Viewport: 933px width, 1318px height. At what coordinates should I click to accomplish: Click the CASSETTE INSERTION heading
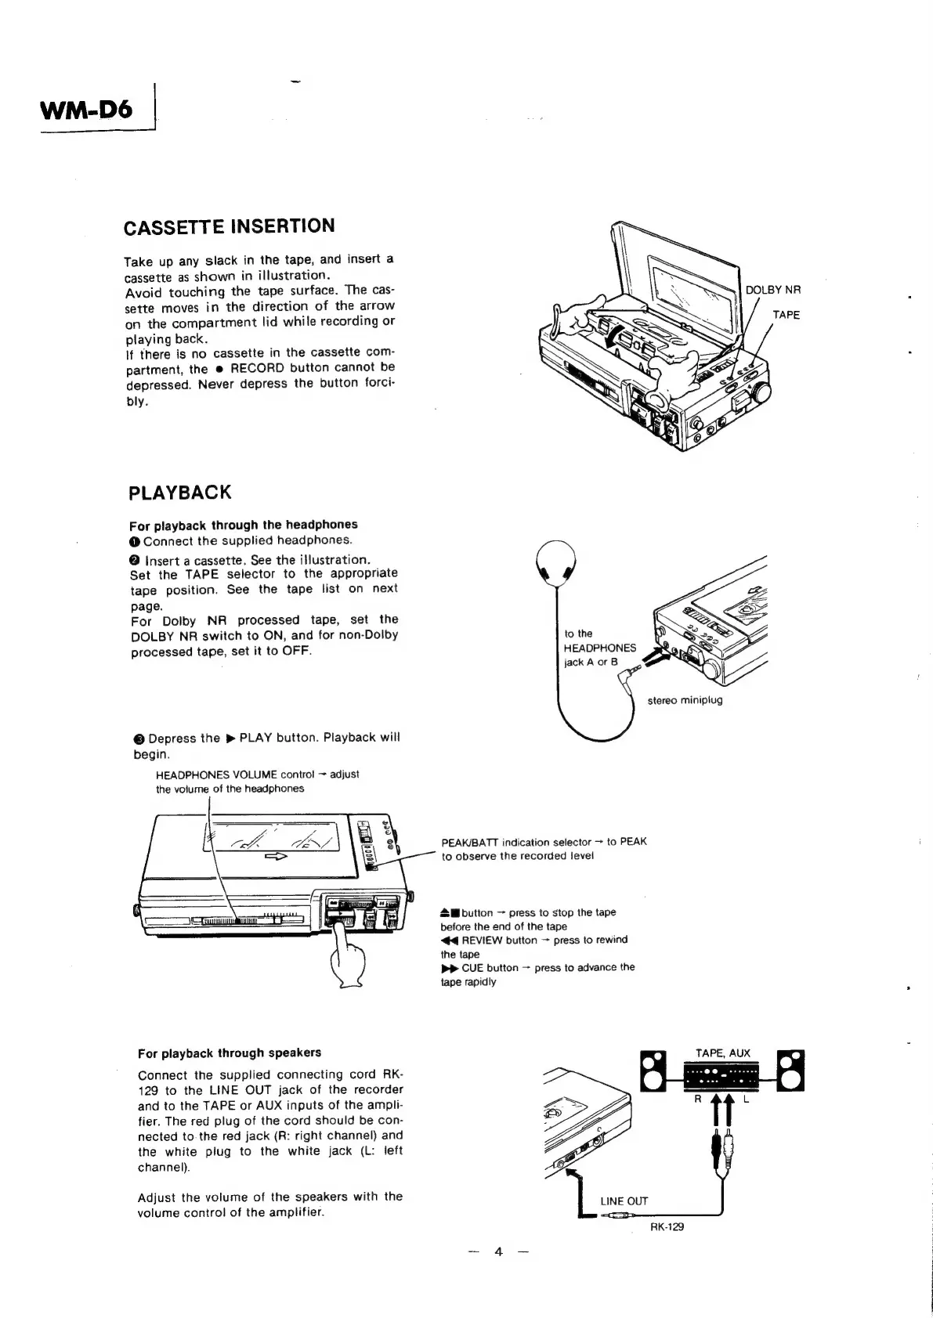[229, 226]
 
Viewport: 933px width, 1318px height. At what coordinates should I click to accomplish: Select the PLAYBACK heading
[180, 493]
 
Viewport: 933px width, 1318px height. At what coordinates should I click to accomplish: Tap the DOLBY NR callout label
[772, 290]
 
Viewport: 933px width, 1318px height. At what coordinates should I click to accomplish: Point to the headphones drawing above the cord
[555, 562]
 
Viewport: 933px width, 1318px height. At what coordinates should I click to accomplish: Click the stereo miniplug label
[685, 700]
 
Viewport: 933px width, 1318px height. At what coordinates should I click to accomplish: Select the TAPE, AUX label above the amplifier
[722, 1053]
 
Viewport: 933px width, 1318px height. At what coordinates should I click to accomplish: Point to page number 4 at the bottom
[497, 1272]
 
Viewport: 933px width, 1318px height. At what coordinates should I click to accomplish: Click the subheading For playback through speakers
[229, 1053]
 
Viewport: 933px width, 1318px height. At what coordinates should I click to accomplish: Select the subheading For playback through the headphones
[243, 525]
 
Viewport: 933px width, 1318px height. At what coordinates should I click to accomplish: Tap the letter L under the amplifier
[747, 1099]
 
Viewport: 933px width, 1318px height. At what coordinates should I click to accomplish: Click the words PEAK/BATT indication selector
[517, 842]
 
